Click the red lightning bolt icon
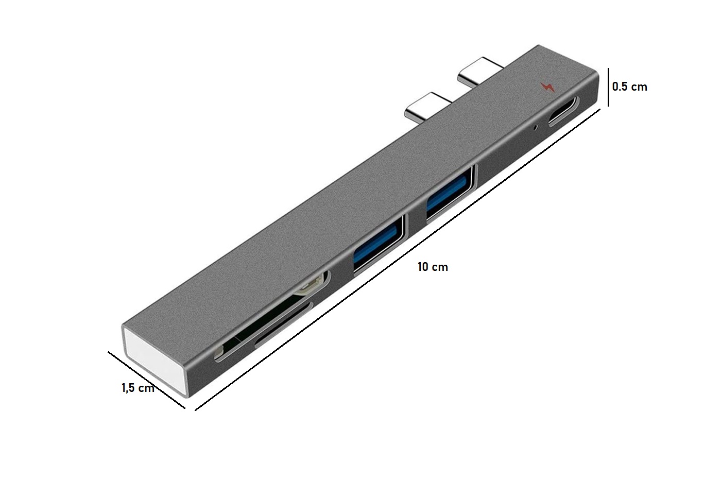[547, 87]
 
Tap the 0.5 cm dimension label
[629, 87]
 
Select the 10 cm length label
[433, 267]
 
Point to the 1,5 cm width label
[138, 388]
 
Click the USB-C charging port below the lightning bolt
[564, 111]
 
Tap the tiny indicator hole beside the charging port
[536, 128]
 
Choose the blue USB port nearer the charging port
[450, 194]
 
